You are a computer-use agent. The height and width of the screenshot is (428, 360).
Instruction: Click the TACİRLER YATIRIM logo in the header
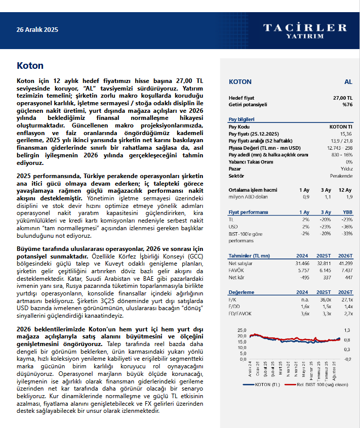(x=305, y=30)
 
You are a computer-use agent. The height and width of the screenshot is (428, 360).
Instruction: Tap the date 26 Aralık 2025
(x=37, y=30)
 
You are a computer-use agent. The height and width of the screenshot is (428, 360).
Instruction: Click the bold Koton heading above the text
(x=30, y=66)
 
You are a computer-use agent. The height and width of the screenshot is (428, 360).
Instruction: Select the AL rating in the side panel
(x=348, y=81)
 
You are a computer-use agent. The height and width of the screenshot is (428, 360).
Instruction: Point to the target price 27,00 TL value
(x=342, y=98)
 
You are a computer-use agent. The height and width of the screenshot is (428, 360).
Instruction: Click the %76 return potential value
(x=347, y=105)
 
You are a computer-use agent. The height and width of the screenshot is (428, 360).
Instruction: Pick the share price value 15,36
(x=346, y=133)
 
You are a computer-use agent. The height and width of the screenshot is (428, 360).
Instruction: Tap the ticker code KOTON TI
(x=341, y=126)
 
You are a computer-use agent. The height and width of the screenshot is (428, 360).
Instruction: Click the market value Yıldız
(x=346, y=168)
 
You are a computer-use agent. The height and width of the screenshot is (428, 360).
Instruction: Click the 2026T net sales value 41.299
(x=344, y=264)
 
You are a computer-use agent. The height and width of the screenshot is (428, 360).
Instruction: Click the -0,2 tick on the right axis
(x=347, y=359)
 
